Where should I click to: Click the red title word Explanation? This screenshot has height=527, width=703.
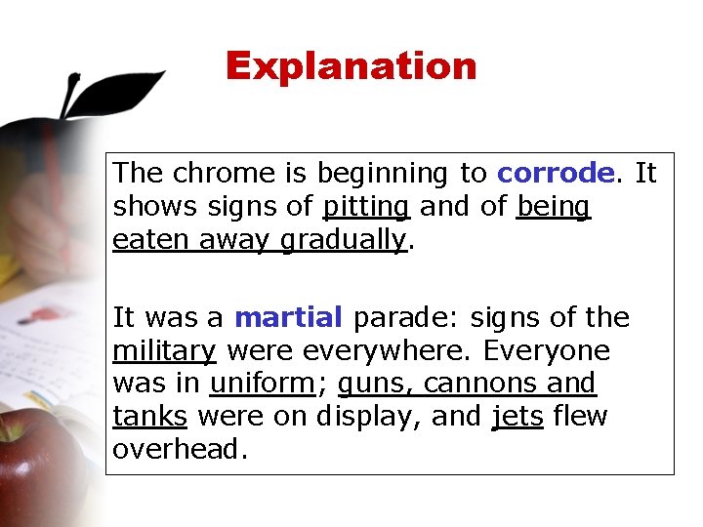351,66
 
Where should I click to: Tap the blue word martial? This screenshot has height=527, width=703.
289,318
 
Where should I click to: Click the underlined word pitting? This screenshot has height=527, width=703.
366,207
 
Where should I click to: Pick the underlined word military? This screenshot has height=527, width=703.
164,351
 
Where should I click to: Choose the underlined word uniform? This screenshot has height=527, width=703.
263,384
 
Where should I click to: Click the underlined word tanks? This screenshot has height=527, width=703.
149,417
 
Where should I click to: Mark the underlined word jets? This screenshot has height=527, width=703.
517,417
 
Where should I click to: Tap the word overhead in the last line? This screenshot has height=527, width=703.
179,450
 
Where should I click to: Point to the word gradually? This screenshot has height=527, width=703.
343,240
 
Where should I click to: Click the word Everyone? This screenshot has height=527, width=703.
547,351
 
